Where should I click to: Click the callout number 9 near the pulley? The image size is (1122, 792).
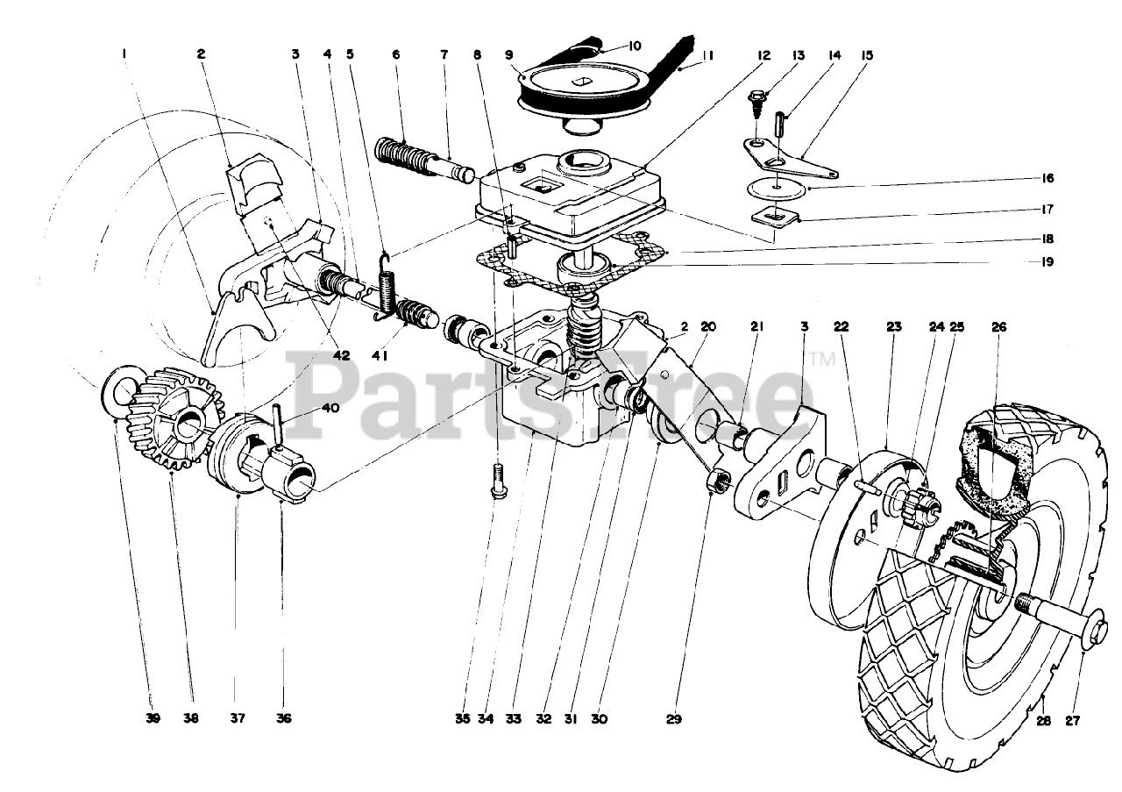click(509, 54)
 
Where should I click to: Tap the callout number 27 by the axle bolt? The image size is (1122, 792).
click(1072, 721)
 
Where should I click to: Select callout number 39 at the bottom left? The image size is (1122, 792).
click(153, 718)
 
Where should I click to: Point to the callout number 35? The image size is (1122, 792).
click(463, 718)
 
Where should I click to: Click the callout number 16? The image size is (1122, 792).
click(1046, 178)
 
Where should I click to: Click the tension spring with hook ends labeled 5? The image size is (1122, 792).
click(387, 289)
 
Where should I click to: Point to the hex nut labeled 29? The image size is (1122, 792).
click(715, 482)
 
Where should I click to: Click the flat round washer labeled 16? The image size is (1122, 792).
click(777, 189)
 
